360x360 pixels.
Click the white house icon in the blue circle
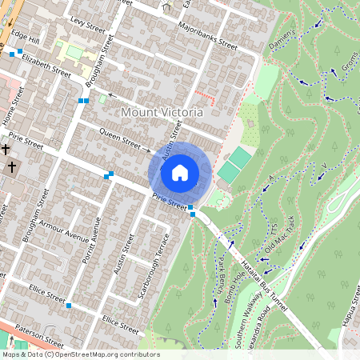tap(180, 172)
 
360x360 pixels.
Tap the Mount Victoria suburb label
tap(162, 113)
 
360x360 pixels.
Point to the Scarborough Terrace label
tap(153, 267)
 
